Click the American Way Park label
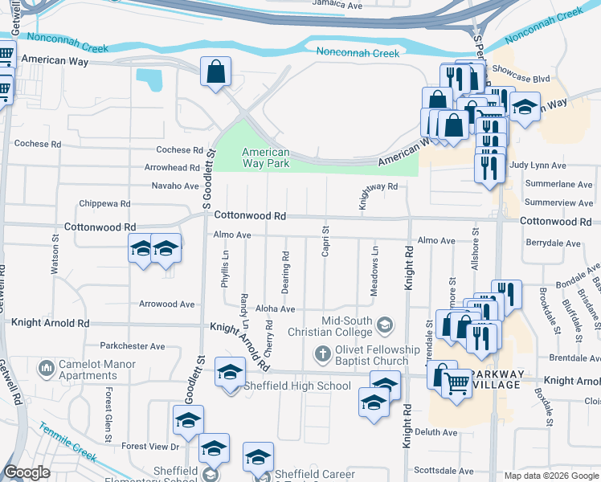pos(265,157)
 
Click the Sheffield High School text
pos(300,386)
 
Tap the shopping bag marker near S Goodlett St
pos(216,71)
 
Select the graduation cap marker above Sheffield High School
pos(231,372)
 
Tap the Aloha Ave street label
pos(275,309)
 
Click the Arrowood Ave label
pos(166,304)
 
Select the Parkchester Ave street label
pos(132,346)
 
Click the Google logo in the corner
pos(27,472)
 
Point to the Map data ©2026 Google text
pos(550,476)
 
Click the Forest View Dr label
pos(150,446)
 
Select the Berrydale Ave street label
pos(553,243)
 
